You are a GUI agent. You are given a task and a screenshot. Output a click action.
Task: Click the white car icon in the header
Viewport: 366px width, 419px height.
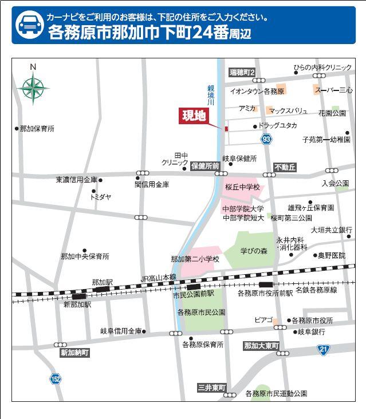(27, 25)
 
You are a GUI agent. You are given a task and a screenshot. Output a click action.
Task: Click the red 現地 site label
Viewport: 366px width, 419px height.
(193, 116)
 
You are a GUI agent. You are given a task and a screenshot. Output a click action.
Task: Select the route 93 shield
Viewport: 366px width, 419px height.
(266, 139)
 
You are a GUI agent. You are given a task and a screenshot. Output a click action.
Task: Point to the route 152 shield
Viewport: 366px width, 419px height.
(55, 378)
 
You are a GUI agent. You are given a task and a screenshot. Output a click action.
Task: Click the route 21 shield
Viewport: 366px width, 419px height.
(324, 349)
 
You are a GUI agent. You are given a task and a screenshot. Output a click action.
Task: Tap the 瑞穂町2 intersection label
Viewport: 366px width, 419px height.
(242, 73)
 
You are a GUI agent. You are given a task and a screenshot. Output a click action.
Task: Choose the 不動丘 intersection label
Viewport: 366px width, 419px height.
(285, 167)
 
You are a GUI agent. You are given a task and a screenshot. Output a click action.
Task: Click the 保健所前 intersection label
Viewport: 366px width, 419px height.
(205, 166)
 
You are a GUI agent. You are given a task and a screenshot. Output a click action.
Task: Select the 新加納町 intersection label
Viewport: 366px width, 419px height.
(75, 353)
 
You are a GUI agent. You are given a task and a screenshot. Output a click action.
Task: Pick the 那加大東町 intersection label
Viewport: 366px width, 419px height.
(261, 346)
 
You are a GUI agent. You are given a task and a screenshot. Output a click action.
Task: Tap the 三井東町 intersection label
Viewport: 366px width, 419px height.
(212, 388)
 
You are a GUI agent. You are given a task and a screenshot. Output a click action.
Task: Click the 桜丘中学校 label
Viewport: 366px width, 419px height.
(242, 187)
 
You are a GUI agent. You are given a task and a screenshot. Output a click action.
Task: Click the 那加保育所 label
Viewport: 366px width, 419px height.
(37, 129)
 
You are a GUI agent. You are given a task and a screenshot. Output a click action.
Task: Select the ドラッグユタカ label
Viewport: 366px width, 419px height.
(277, 125)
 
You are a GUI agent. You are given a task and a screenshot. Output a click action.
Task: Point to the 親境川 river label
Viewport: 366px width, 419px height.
(211, 94)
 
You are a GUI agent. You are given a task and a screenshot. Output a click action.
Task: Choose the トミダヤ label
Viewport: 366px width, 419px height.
(100, 197)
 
